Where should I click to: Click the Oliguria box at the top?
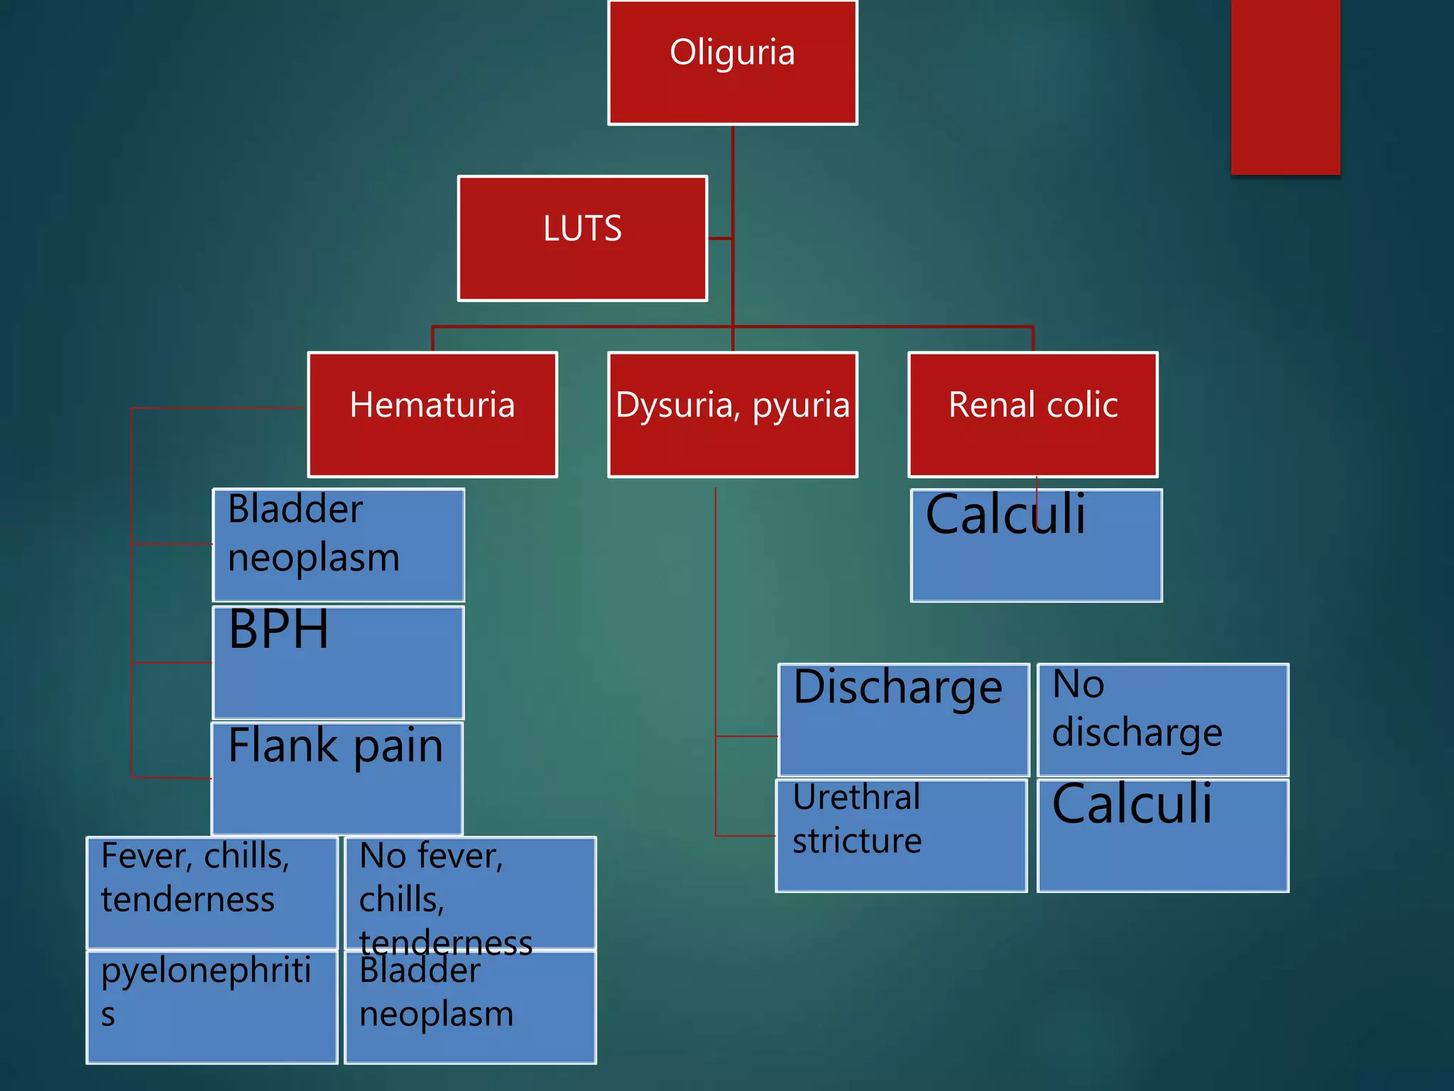pyautogui.click(x=732, y=63)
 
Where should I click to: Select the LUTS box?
pyautogui.click(x=582, y=238)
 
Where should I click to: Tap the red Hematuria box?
pyautogui.click(x=432, y=414)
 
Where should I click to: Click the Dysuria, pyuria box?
pyautogui.click(x=732, y=414)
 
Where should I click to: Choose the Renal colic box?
pyautogui.click(x=1032, y=414)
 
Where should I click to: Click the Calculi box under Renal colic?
pyautogui.click(x=1036, y=545)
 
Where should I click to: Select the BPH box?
pyautogui.click(x=338, y=662)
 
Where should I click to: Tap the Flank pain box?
pyautogui.click(x=337, y=778)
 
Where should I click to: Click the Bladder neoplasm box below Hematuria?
pyautogui.click(x=338, y=545)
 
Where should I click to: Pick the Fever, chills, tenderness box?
pyautogui.click(x=212, y=892)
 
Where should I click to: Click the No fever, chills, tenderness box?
pyautogui.click(x=470, y=892)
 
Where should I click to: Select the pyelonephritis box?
pyautogui.click(x=212, y=1007)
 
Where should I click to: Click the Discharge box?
pyautogui.click(x=903, y=720)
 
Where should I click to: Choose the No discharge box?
pyautogui.click(x=1163, y=720)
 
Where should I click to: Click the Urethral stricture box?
pyautogui.click(x=901, y=835)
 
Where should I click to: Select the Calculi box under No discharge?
pyautogui.click(x=1163, y=835)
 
